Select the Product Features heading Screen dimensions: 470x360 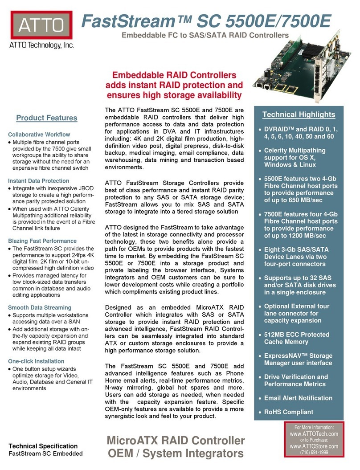point(47,118)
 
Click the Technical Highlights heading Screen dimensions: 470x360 point(299,114)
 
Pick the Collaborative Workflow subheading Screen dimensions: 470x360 point(39,135)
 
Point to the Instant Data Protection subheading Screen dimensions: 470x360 point(39,181)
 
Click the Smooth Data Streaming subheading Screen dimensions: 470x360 point(40,307)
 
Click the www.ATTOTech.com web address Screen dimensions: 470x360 point(314,433)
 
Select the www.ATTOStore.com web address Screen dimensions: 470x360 point(314,446)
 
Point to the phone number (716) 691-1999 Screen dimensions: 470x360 point(314,453)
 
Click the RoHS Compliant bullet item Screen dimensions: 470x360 point(289,412)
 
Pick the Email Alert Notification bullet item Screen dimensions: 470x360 point(298,398)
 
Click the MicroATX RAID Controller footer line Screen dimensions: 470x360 point(176,441)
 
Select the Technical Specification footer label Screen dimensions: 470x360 point(44,446)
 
